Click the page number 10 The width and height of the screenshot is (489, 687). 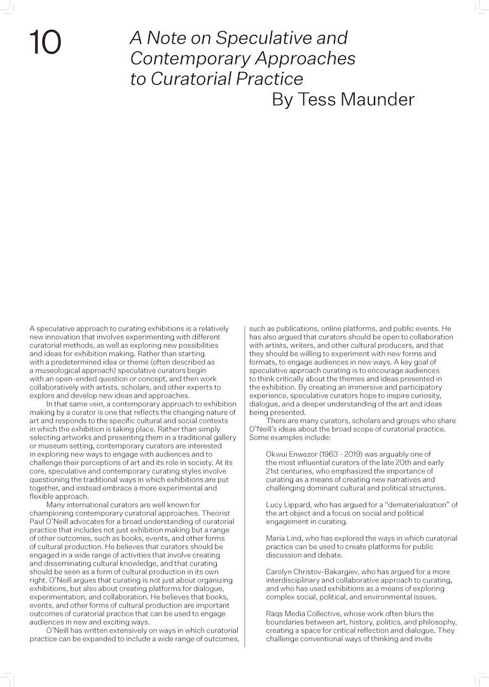(45, 43)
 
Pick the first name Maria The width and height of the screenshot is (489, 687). (277, 538)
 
